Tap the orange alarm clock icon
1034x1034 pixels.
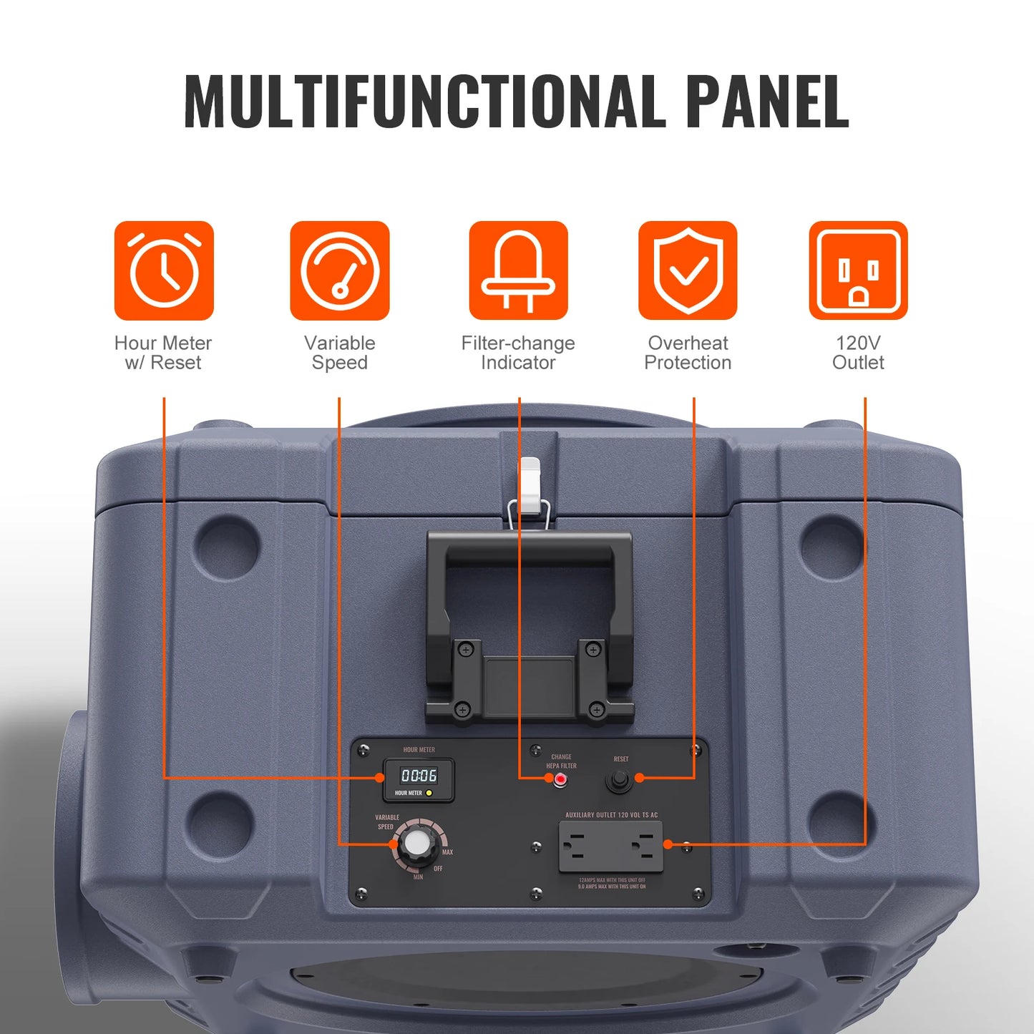[x=164, y=270]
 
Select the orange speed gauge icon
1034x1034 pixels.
[x=340, y=270]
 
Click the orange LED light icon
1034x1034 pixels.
[x=518, y=270]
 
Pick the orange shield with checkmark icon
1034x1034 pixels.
[x=688, y=270]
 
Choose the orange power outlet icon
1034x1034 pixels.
[x=858, y=270]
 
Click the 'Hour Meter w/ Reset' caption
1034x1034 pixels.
[x=163, y=353]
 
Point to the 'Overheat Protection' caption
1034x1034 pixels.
[x=688, y=353]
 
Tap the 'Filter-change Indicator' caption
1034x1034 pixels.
[x=518, y=353]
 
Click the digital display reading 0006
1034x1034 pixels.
[x=419, y=776]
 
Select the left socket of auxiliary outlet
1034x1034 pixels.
[x=578, y=845]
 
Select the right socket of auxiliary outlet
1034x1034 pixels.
[x=645, y=845]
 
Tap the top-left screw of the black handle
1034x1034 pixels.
[x=466, y=650]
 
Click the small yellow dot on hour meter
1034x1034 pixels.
[x=429, y=793]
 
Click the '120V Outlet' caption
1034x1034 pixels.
[x=858, y=353]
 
